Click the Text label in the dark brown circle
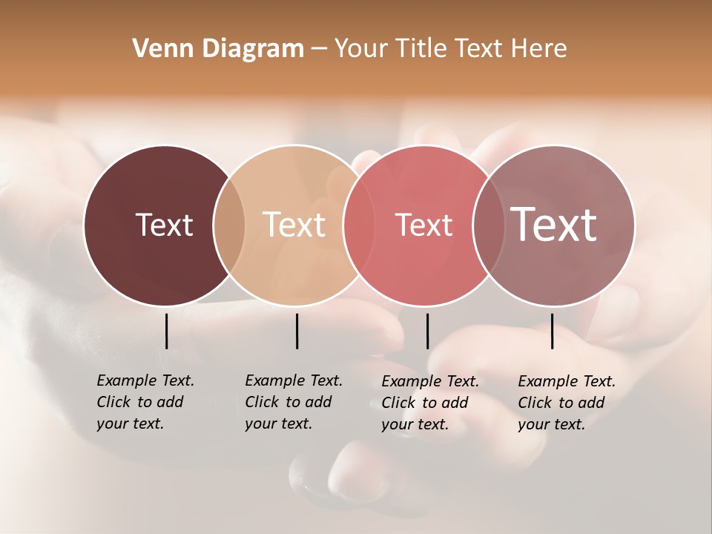(x=164, y=225)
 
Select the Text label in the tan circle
(x=294, y=225)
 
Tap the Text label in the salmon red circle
(x=423, y=225)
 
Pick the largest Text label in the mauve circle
(x=554, y=224)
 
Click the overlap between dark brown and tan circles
(x=229, y=225)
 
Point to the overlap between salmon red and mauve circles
(x=486, y=225)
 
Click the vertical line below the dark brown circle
(x=167, y=331)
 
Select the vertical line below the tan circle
(x=297, y=331)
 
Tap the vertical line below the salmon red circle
(x=427, y=331)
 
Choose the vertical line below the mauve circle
(x=553, y=331)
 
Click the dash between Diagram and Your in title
(x=319, y=49)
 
